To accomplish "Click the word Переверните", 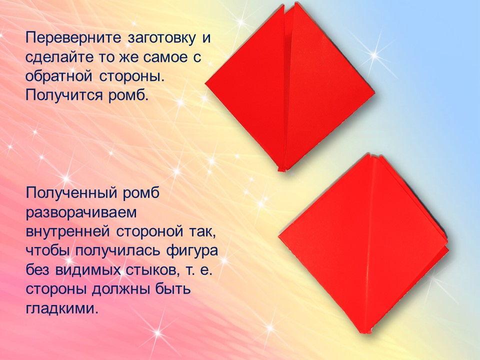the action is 74,38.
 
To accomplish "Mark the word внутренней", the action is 67,231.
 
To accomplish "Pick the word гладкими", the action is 62,308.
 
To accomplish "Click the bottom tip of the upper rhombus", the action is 282,170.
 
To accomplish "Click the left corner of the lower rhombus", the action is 278,236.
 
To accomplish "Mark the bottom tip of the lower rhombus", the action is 365,333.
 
